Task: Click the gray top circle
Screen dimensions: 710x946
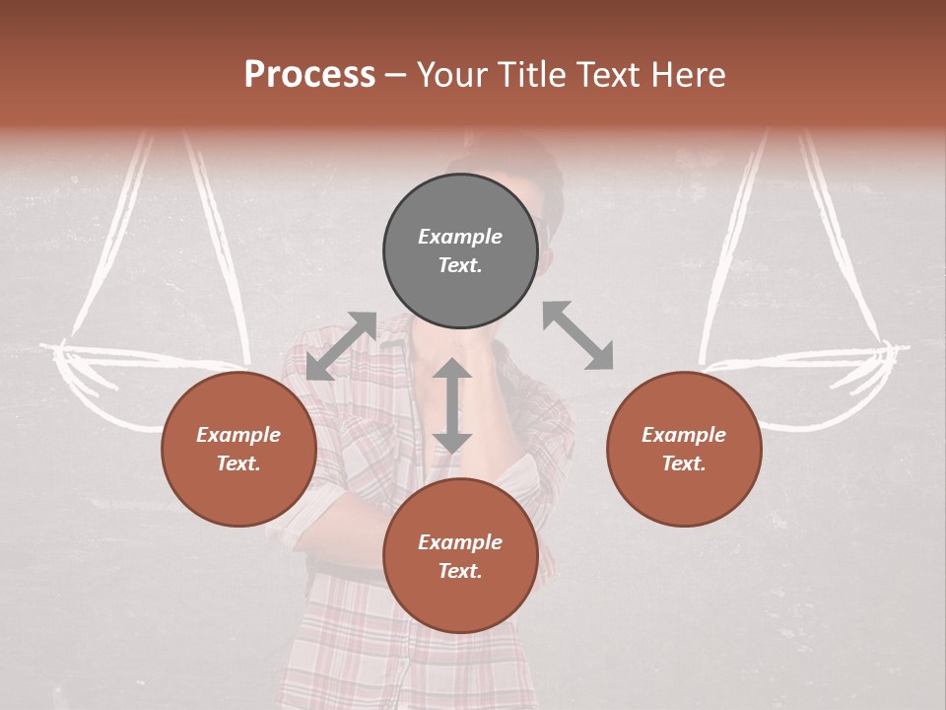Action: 460,251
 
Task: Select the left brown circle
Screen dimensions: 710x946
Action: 238,450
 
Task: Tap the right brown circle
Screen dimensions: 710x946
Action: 684,450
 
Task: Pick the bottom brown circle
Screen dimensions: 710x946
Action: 460,557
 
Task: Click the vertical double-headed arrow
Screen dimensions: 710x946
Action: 452,405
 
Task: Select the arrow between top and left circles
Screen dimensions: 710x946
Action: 341,346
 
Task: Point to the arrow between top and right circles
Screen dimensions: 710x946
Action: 577,335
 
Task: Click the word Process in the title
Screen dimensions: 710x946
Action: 309,75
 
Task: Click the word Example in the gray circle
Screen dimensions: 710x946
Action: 460,237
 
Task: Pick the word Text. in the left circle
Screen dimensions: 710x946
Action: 238,463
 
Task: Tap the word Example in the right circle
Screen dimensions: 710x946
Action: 684,435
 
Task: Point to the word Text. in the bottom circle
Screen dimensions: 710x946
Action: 460,571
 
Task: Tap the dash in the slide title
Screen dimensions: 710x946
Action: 396,75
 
